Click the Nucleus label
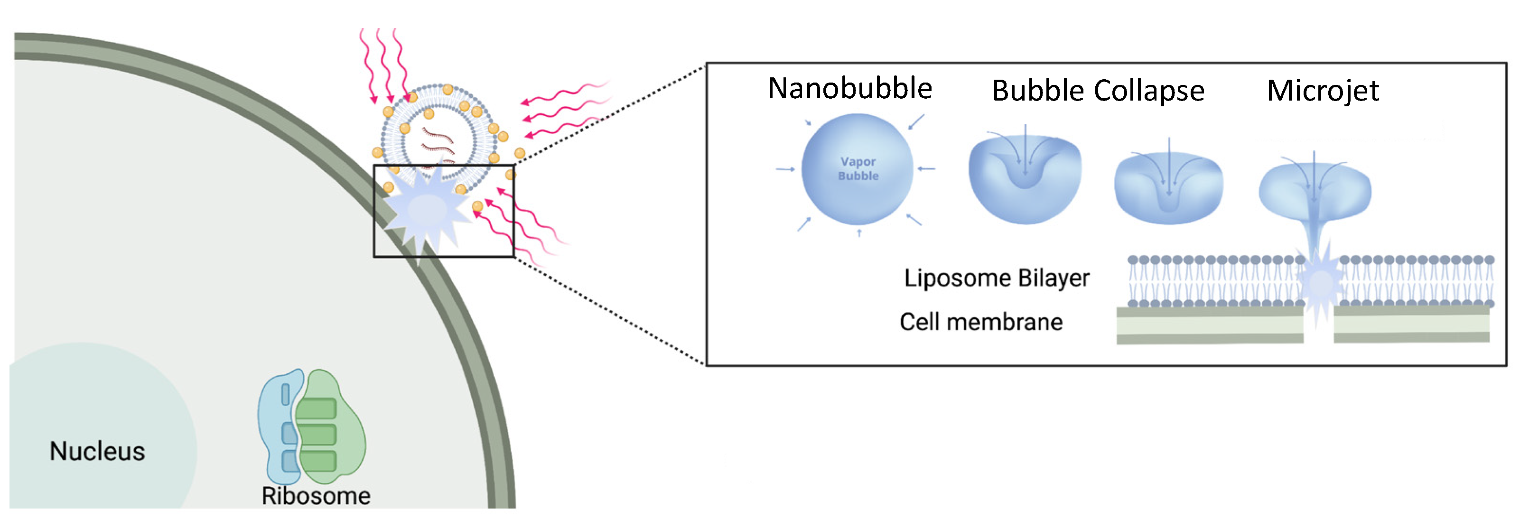click(97, 452)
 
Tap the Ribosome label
click(316, 496)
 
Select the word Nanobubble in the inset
click(849, 89)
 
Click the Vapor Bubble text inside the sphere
click(858, 169)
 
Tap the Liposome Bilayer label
click(997, 278)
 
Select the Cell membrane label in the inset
click(981, 322)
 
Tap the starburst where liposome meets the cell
click(426, 210)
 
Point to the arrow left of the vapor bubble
click(785, 169)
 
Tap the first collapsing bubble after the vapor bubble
click(1025, 177)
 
